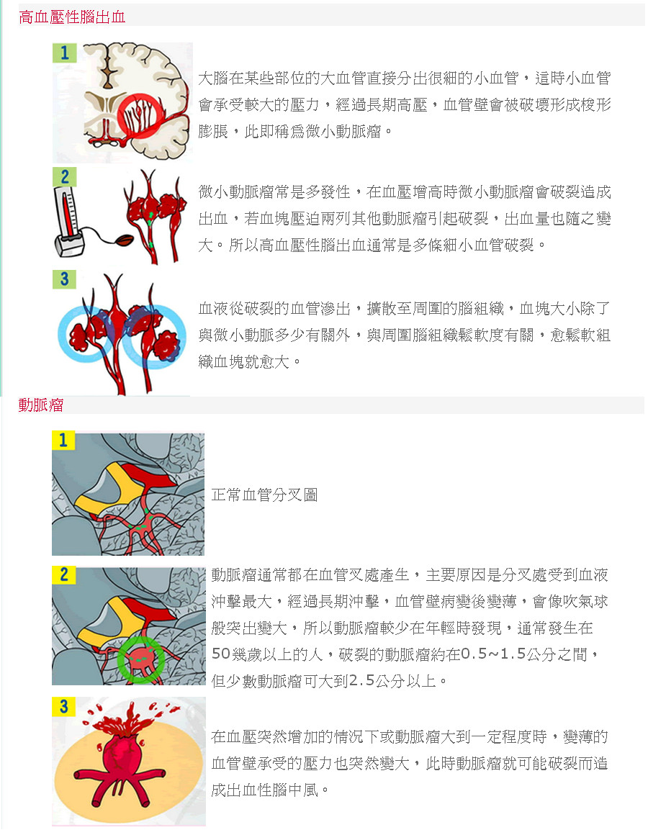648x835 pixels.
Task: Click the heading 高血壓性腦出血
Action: (x=72, y=17)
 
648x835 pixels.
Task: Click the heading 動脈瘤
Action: (x=41, y=405)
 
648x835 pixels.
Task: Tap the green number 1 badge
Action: (x=64, y=53)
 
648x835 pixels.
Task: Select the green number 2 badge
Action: (x=64, y=177)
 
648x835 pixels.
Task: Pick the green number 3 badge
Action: (x=64, y=279)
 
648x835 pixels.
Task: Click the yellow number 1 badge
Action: (x=63, y=440)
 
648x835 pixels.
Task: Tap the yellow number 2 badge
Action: (x=63, y=574)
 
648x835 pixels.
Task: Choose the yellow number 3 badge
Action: (x=63, y=706)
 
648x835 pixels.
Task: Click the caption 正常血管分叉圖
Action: (x=265, y=495)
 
